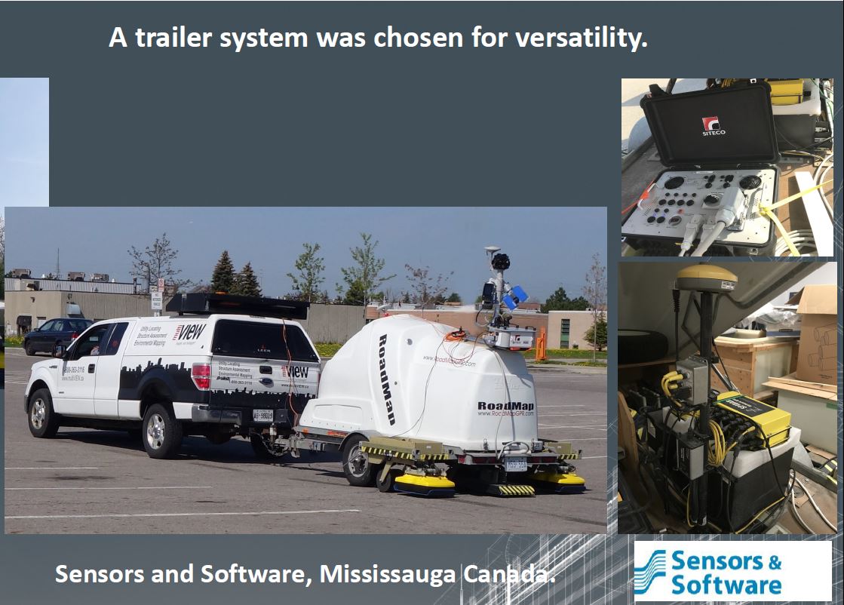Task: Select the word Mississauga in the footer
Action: click(387, 574)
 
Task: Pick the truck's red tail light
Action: click(201, 375)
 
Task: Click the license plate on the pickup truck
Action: click(262, 415)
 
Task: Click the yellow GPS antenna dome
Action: click(705, 277)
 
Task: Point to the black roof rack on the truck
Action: click(237, 306)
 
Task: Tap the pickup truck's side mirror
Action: click(59, 350)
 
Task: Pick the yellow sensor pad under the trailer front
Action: click(425, 483)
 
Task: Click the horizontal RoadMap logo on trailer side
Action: click(505, 407)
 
